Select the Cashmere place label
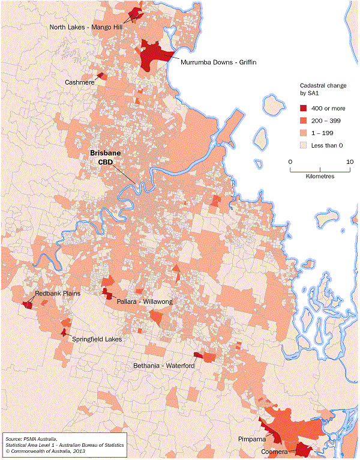(x=79, y=82)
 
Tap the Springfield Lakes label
(x=97, y=339)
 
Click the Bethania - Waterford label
(x=163, y=365)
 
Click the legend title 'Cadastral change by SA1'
(x=323, y=90)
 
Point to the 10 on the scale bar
(x=349, y=162)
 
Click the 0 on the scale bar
(x=290, y=162)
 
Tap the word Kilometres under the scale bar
(x=320, y=177)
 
